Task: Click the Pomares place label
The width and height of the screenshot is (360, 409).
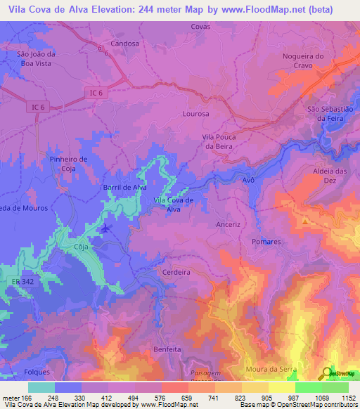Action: coord(266,241)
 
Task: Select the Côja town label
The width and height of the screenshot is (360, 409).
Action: coord(82,247)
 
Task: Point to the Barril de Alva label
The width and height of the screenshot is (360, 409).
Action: coord(124,187)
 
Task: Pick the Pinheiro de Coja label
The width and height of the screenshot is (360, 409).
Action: coord(69,163)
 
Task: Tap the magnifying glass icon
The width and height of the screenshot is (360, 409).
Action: coord(328,373)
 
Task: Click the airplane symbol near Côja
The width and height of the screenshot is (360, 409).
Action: coord(105,228)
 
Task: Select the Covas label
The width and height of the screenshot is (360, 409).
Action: coord(200,26)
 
